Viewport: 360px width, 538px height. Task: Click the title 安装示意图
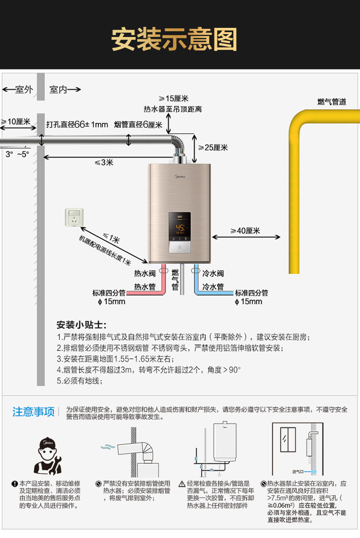click(x=174, y=39)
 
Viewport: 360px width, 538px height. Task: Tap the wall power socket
click(x=74, y=217)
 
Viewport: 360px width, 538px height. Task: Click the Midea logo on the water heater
click(x=180, y=177)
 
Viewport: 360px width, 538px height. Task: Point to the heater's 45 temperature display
click(x=180, y=228)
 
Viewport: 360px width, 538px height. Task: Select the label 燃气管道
click(x=332, y=102)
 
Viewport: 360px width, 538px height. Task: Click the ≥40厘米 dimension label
click(x=245, y=231)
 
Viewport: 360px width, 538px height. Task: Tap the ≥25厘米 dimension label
click(x=213, y=147)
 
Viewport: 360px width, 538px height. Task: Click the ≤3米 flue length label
click(x=104, y=163)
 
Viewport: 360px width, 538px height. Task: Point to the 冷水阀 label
click(x=213, y=273)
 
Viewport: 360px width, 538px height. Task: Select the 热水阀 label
click(x=144, y=273)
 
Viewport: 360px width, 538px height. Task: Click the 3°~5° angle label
click(x=17, y=154)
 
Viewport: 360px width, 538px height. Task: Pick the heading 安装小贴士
click(x=82, y=325)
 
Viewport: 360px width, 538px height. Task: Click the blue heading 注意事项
click(x=34, y=412)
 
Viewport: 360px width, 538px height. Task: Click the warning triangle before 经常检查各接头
click(x=182, y=484)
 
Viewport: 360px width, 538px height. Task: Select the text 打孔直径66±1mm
click(x=77, y=124)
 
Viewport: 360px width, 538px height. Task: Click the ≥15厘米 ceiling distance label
click(x=173, y=99)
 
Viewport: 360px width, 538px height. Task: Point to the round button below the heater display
click(x=180, y=247)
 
